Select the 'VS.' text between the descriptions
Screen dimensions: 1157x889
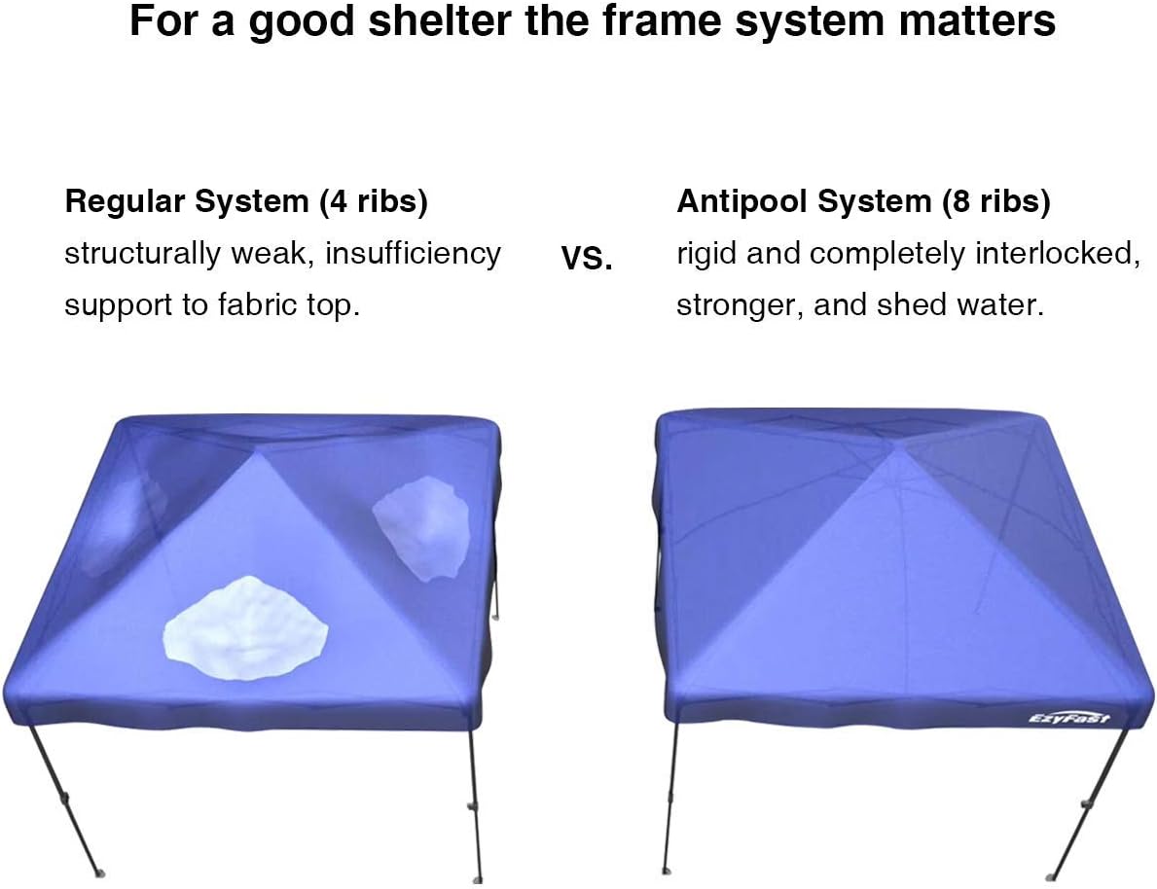587,259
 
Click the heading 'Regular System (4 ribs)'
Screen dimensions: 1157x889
246,201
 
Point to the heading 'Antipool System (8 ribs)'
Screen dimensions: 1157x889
863,201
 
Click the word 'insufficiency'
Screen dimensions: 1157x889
413,254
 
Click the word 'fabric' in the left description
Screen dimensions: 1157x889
252,305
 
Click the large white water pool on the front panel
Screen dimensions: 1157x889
245,631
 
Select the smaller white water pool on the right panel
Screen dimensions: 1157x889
422,532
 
